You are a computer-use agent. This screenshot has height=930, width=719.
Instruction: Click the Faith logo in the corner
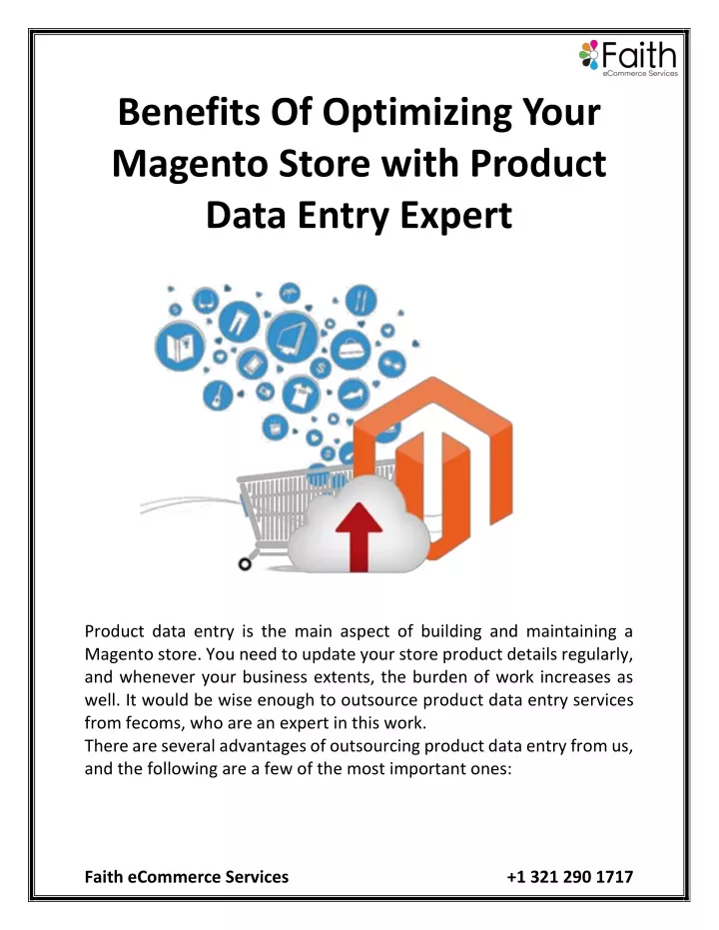pos(628,58)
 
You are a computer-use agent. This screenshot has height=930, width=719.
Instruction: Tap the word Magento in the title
pos(190,164)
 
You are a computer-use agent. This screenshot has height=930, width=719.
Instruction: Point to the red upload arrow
pos(359,536)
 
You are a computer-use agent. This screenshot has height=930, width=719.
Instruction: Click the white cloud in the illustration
pos(359,524)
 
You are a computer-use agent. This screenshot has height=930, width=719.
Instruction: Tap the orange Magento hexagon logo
pos(432,467)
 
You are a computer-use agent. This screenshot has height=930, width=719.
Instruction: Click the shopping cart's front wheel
pos(245,564)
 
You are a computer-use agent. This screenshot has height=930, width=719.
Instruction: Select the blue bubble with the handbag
pos(351,350)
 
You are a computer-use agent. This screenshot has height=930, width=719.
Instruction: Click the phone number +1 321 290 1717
pos(569,877)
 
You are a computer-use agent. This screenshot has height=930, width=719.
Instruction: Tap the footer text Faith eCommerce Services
pos(187,877)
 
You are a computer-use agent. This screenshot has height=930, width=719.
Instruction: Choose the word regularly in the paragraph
pos(597,655)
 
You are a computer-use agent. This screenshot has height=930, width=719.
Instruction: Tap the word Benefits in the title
pos(189,113)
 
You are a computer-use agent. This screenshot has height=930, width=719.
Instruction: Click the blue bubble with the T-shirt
pos(302,394)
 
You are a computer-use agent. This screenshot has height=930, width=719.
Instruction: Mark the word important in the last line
pos(417,769)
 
